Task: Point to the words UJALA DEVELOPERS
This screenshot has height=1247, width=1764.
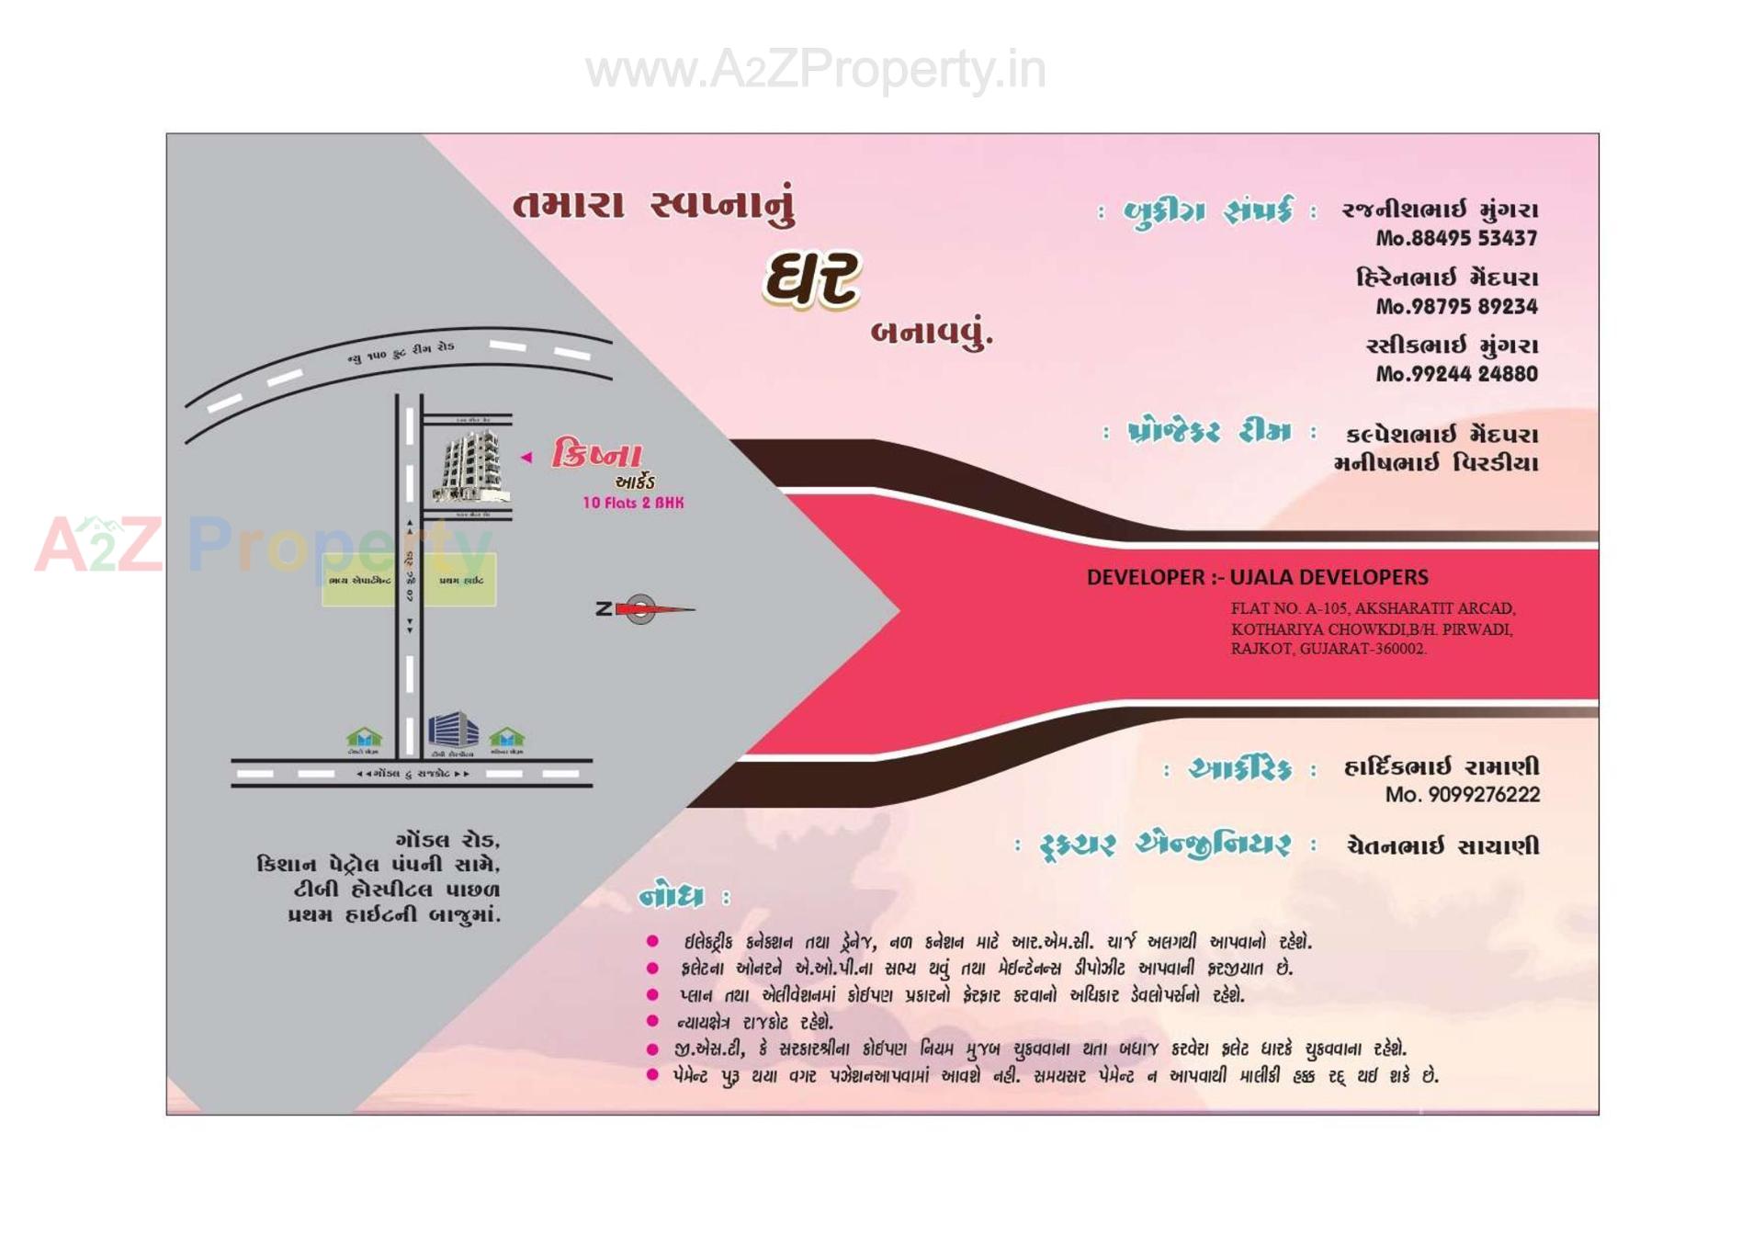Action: tap(1329, 577)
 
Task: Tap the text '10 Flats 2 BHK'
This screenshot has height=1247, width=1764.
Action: tap(633, 503)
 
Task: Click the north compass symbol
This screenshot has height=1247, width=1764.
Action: tap(640, 608)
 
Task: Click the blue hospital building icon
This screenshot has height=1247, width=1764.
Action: tap(453, 730)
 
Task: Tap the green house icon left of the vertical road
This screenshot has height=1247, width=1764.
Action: tap(364, 737)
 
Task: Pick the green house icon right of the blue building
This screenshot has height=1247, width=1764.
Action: tap(506, 737)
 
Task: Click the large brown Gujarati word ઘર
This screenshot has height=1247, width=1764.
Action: tap(812, 279)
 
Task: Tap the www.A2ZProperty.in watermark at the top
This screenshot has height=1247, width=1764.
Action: tap(815, 70)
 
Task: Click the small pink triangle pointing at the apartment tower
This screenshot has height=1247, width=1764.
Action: tap(526, 457)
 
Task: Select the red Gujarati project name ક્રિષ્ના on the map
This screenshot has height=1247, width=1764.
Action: tap(596, 454)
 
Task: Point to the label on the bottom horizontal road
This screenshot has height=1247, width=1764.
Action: tap(413, 774)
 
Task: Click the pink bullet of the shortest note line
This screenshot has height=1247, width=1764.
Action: tap(652, 1020)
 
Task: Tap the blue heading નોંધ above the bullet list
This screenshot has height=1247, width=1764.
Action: tap(673, 897)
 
